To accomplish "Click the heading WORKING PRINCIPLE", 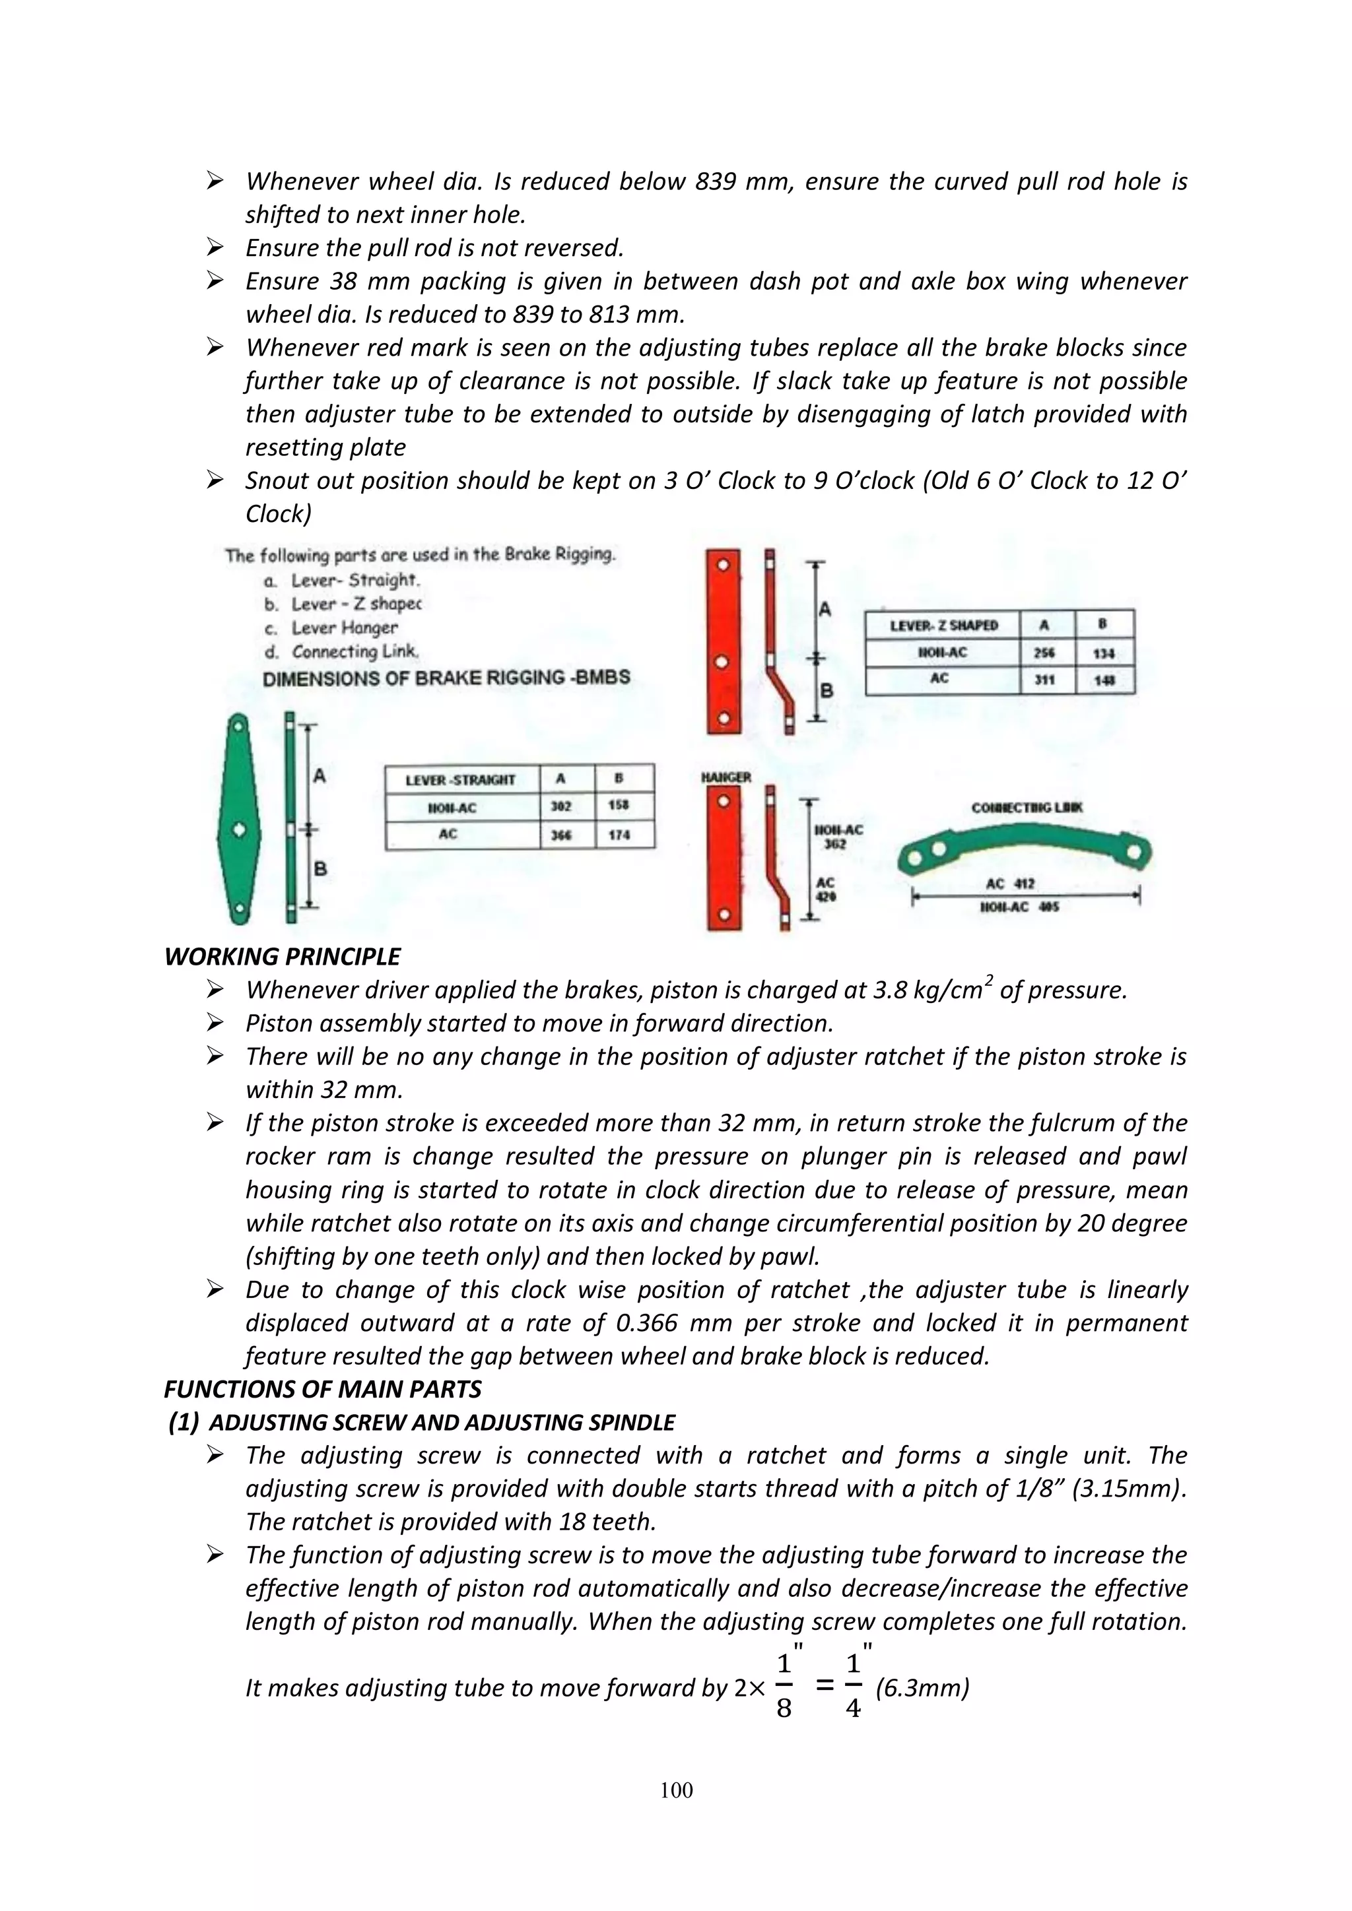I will coord(283,956).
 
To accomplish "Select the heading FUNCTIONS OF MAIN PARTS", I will coord(323,1389).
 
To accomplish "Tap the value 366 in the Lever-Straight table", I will coord(561,835).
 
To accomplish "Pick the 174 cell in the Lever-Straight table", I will coord(619,835).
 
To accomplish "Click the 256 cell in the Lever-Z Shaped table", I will coord(1045,653).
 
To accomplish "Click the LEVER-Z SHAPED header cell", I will coord(944,625).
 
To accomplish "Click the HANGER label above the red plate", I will coord(726,777).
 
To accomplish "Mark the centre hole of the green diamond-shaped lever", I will coord(239,830).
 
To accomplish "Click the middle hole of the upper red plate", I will coord(723,663).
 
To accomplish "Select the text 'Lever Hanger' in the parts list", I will coord(344,628).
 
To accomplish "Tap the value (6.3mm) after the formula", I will coord(922,1688).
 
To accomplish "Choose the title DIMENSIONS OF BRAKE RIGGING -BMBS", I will coord(446,678).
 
